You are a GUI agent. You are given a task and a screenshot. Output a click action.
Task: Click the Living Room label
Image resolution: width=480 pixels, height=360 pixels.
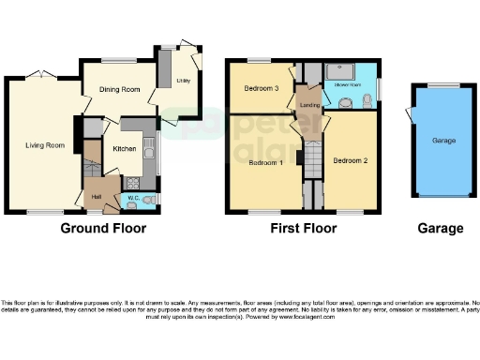[44, 145]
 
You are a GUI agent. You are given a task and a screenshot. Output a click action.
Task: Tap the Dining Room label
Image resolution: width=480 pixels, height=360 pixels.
[120, 89]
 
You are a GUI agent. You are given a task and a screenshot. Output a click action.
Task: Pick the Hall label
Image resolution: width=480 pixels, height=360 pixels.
[97, 197]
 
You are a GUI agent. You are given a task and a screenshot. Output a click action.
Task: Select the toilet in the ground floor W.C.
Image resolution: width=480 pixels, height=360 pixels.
[151, 198]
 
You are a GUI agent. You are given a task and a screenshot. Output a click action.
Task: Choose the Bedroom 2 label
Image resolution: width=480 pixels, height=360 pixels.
[350, 160]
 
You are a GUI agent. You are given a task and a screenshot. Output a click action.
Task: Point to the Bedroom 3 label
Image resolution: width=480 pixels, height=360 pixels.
[262, 89]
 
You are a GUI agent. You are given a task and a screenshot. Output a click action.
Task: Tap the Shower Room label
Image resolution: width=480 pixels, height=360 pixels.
[349, 83]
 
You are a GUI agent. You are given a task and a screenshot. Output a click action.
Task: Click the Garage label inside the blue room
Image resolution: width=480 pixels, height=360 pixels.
[442, 140]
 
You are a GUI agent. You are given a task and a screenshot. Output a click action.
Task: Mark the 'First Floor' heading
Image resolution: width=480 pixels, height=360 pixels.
[306, 228]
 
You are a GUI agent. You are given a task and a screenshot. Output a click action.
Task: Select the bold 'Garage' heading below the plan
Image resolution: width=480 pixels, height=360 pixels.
[440, 228]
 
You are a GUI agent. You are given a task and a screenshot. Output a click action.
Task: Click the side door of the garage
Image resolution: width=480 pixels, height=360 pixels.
[409, 114]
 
